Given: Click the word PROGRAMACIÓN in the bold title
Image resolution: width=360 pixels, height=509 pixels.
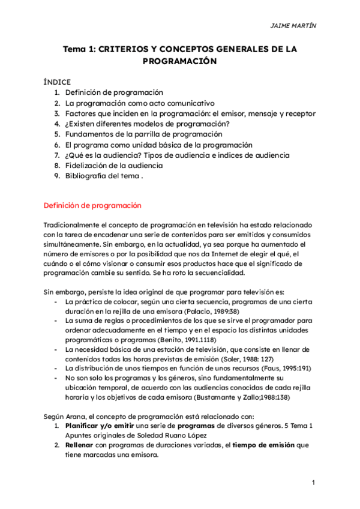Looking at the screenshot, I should [x=179, y=61].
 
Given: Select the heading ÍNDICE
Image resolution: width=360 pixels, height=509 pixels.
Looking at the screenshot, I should [x=57, y=82].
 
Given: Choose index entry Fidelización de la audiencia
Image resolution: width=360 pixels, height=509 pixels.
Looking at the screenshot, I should [x=114, y=165].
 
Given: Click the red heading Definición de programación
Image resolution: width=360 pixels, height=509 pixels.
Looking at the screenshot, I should [x=92, y=205].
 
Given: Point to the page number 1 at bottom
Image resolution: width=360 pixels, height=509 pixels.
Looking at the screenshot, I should [x=313, y=483].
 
